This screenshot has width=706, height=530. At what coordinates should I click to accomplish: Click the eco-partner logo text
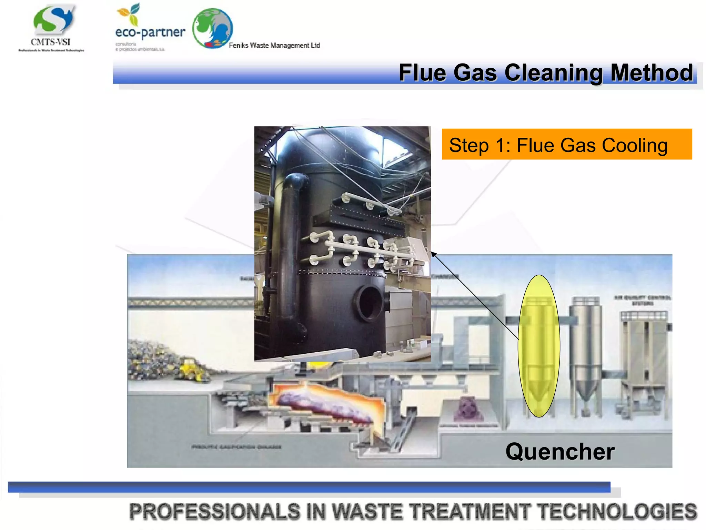click(150, 32)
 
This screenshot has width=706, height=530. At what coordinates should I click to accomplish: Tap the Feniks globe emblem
click(212, 28)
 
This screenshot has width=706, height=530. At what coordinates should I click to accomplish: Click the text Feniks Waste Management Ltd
click(274, 45)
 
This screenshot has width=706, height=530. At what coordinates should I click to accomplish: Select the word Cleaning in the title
click(553, 73)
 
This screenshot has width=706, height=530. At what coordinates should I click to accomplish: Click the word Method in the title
click(652, 73)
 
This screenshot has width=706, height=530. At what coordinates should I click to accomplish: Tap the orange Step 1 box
click(566, 144)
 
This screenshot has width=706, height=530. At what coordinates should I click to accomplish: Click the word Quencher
click(560, 452)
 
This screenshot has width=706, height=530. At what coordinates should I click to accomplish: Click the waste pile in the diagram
click(152, 359)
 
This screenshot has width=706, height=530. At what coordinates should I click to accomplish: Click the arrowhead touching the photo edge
click(433, 254)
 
